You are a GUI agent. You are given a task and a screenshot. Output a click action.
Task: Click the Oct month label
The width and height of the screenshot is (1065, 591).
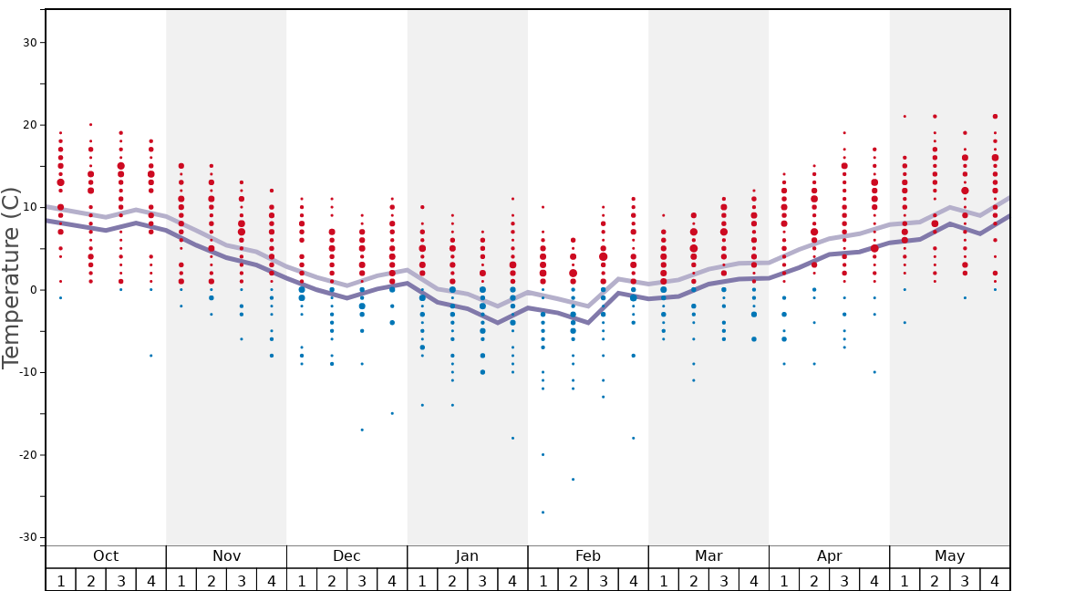(x=106, y=556)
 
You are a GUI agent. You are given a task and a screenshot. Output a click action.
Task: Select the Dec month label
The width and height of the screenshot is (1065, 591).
(x=346, y=556)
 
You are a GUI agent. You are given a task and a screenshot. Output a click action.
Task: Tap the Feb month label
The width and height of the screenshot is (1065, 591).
(x=588, y=556)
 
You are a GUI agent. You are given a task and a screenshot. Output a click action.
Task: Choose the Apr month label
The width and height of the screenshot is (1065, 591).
(x=829, y=556)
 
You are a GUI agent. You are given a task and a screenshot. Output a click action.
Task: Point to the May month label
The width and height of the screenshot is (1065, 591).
(x=949, y=556)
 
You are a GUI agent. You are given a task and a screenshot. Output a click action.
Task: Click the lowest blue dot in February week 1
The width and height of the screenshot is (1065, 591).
(x=543, y=513)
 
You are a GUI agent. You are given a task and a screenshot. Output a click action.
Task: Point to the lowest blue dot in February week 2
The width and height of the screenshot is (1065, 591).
(x=573, y=480)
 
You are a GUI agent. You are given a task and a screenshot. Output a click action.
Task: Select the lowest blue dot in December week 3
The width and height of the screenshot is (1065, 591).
(x=362, y=430)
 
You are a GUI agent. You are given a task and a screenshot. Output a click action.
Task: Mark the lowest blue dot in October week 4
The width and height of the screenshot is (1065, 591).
(x=151, y=356)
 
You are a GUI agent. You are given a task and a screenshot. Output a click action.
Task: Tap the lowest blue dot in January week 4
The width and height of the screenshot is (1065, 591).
(x=512, y=439)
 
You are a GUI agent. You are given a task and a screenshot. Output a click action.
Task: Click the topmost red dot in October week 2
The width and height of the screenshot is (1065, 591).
(x=90, y=125)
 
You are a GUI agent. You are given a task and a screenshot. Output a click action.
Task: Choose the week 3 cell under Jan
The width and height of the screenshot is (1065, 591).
(x=482, y=580)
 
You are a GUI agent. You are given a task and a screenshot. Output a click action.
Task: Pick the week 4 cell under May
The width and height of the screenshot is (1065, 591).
(x=995, y=580)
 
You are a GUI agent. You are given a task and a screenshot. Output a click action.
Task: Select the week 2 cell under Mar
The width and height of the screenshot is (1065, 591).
(x=693, y=580)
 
